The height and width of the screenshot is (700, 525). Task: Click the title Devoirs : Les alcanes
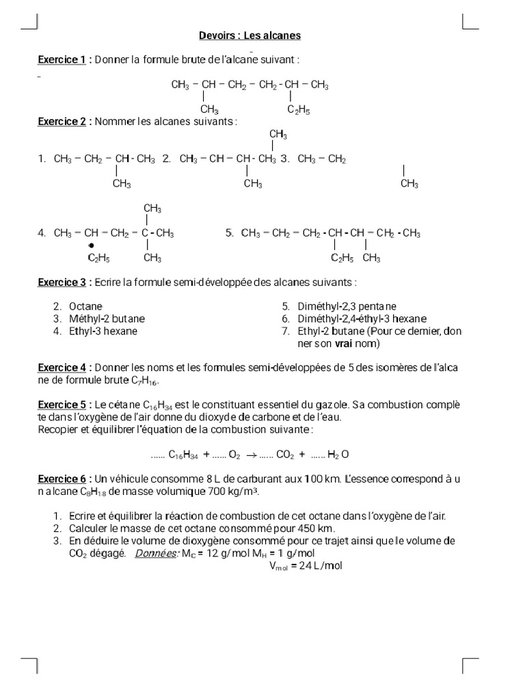250,36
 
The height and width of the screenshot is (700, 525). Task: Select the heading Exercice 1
62,60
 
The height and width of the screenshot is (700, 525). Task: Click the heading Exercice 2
62,122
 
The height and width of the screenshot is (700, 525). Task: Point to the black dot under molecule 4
91,245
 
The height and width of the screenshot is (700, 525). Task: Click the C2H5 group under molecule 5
342,258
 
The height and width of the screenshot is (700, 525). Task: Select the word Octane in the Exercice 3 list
85,307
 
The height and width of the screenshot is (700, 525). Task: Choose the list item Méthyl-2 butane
107,319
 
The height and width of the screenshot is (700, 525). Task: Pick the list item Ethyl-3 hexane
103,331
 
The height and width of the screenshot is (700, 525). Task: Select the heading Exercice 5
62,404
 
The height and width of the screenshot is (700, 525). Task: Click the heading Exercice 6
62,479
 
